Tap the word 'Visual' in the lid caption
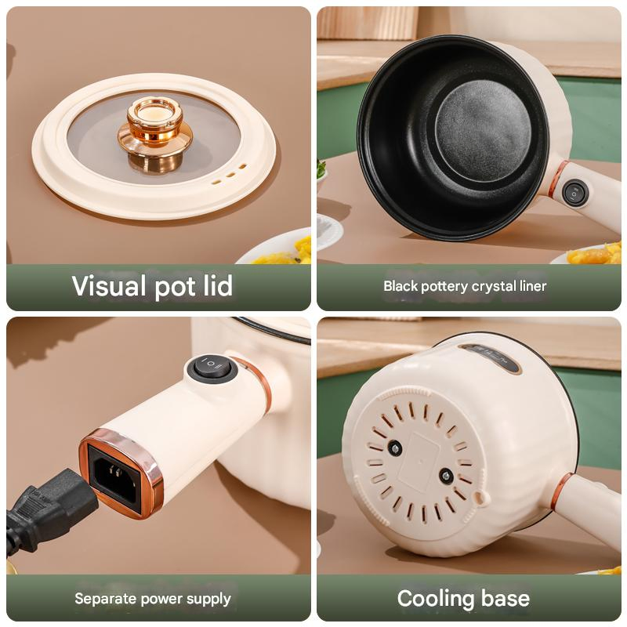point(109,285)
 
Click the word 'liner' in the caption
point(533,286)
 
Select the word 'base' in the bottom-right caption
point(506,599)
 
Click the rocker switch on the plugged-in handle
point(212,369)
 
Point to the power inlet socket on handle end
point(115,477)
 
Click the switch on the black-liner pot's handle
point(575,193)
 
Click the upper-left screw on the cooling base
point(395,448)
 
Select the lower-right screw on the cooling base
point(446,477)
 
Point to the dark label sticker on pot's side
point(490,357)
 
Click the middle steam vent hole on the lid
point(230,175)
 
